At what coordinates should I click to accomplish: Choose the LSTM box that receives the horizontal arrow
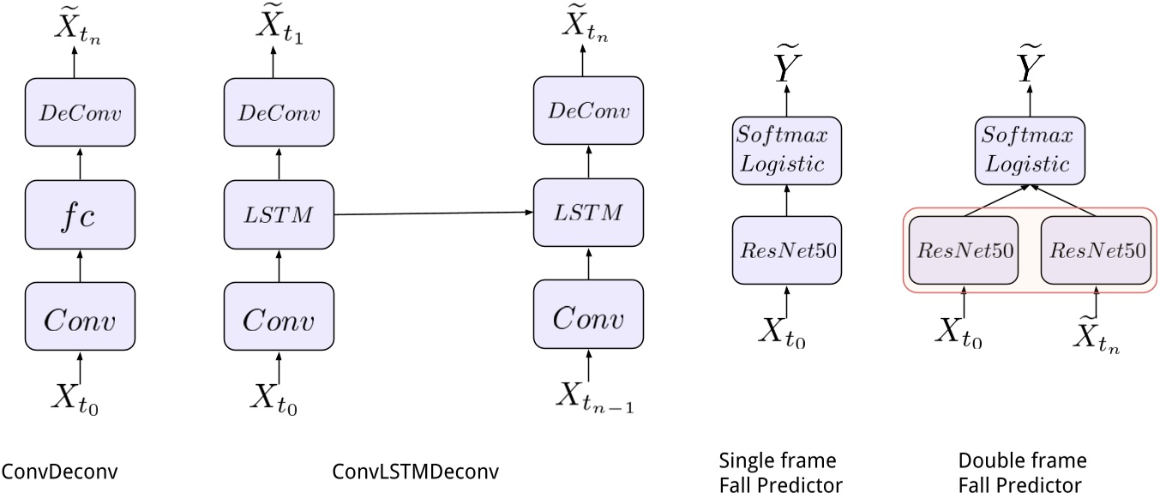click(x=588, y=213)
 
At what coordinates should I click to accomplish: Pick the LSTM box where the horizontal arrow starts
click(x=279, y=213)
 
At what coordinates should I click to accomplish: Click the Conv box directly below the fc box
click(x=80, y=319)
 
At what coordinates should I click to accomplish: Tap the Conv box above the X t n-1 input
click(x=588, y=319)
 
